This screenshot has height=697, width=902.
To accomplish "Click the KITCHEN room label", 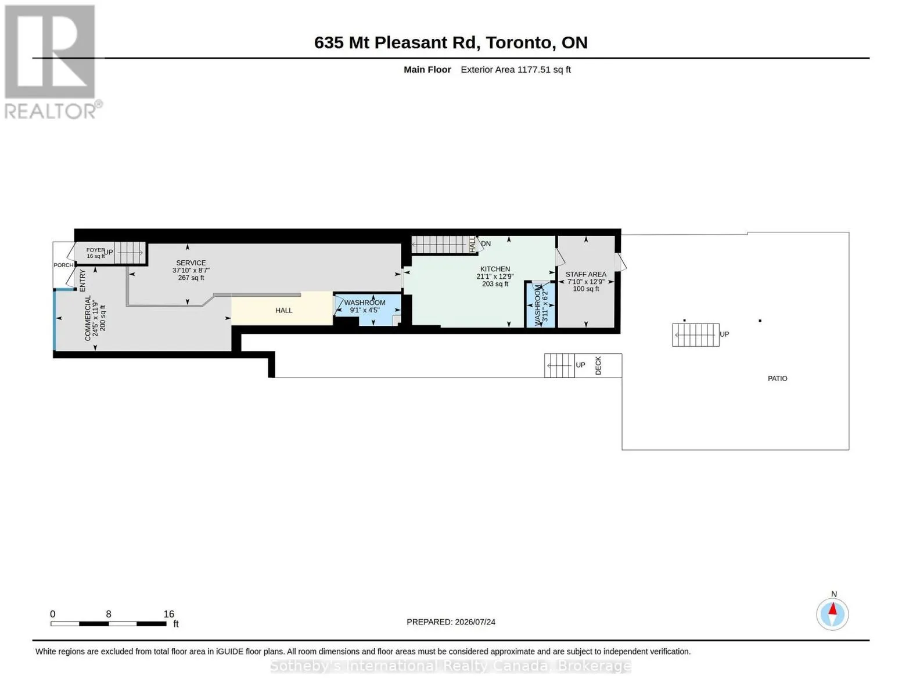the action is pos(495,269).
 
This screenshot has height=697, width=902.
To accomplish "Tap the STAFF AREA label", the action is pos(585,274).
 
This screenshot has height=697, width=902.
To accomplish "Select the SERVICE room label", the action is pos(191,263).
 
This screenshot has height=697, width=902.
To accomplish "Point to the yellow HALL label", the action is pos(284,311).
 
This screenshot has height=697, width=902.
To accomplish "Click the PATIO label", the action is pos(778,379).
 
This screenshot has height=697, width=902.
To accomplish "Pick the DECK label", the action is pos(598,365).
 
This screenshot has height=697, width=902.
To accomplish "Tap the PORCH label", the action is pos(63,265).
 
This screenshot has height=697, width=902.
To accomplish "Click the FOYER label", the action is pos(95,250).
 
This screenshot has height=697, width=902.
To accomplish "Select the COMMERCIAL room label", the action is pos(88,318).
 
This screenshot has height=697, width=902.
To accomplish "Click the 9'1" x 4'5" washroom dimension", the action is pos(365,310).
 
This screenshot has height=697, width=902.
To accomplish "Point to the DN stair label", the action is pos(486,244).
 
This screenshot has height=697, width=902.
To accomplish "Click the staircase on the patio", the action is pos(696,335).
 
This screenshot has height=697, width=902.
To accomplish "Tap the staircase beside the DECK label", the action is pos(559,365).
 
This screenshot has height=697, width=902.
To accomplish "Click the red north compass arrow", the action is pos(833,609).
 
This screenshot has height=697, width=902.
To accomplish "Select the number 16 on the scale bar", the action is pos(168,614).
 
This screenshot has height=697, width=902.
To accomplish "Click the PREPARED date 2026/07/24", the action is pos(475,622).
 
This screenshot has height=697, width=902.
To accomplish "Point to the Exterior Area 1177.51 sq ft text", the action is pos(516,70).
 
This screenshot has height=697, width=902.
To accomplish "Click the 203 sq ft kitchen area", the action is pos(495,284).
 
